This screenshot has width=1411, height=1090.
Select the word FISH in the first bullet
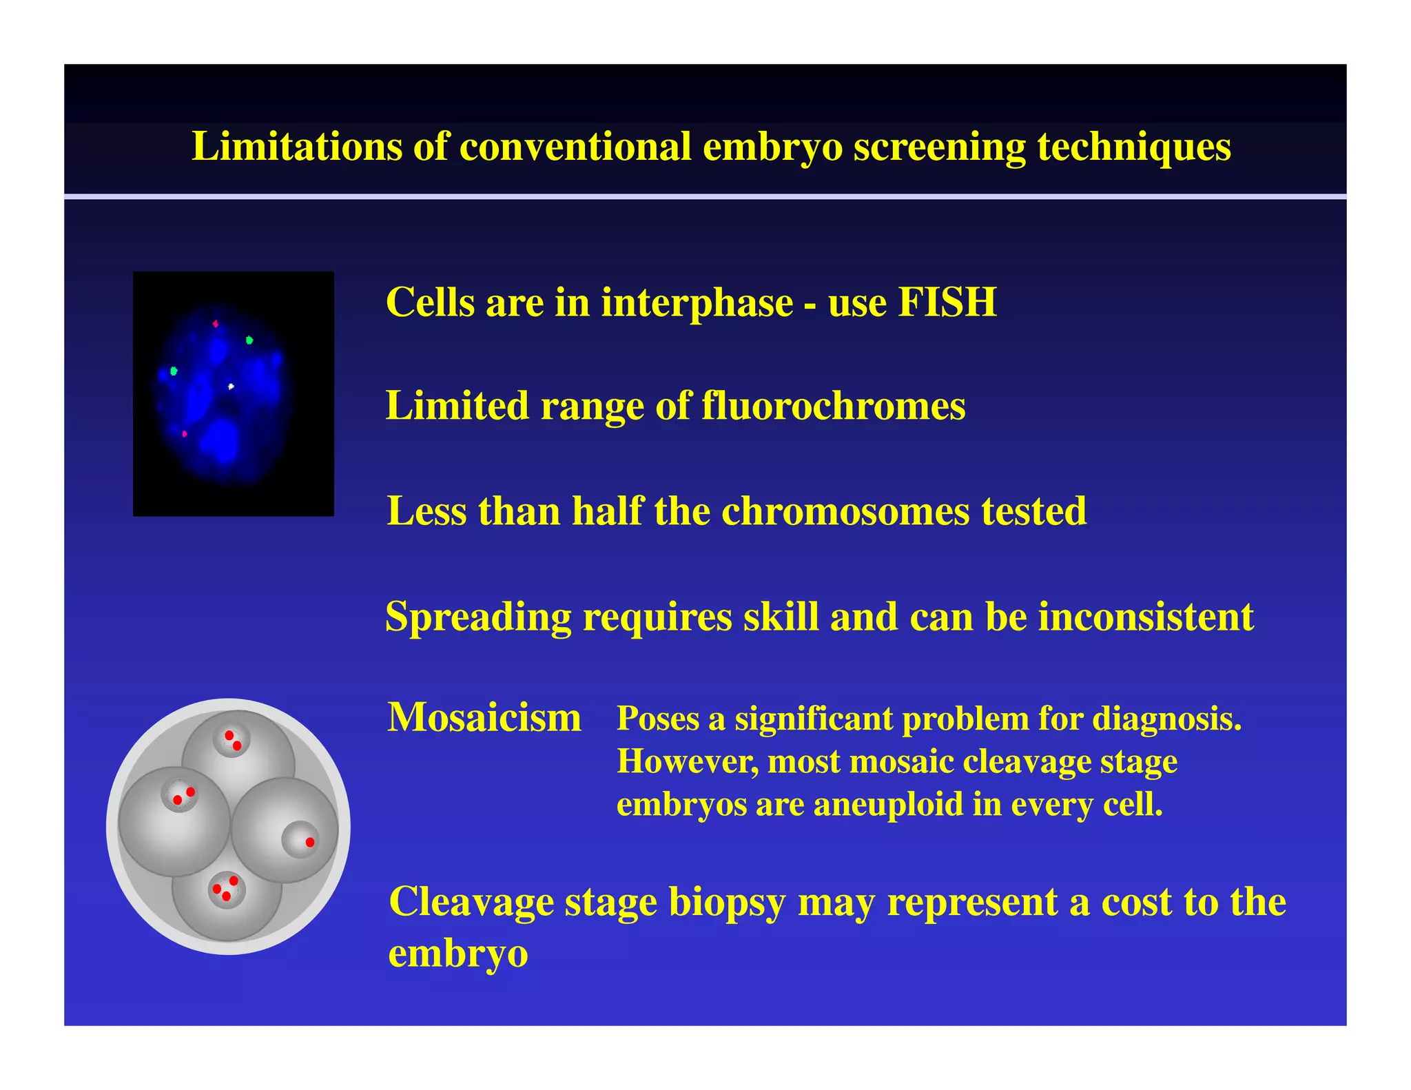point(947,302)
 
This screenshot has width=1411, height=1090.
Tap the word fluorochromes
point(833,406)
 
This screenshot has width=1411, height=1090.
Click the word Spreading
point(478,617)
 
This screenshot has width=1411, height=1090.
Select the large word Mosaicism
point(484,718)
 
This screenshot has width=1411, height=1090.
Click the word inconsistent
point(1145,617)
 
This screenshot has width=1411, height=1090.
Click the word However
point(686,762)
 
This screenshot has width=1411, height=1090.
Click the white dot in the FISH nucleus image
point(231,387)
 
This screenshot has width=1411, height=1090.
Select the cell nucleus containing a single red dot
point(300,839)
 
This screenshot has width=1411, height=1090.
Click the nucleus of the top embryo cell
point(231,741)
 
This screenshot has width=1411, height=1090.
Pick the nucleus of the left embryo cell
point(180,796)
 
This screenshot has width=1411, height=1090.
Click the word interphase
point(697,302)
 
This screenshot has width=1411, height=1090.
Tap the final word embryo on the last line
point(458,954)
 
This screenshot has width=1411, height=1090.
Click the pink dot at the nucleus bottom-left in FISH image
point(184,434)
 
